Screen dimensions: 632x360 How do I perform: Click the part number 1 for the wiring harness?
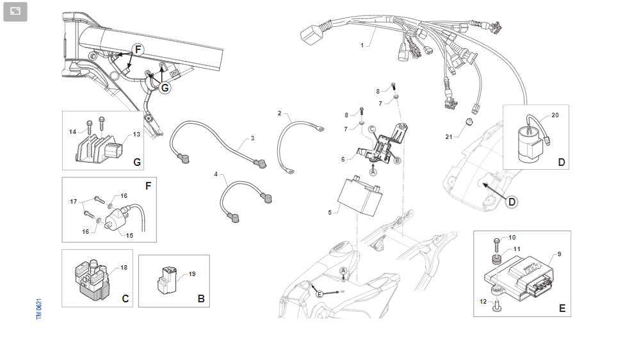(x=362, y=45)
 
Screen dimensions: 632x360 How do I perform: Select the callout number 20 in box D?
(x=555, y=115)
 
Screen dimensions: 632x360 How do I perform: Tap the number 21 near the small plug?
(x=449, y=137)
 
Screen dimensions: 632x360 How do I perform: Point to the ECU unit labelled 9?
(x=519, y=277)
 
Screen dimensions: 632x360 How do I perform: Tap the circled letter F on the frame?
(x=138, y=49)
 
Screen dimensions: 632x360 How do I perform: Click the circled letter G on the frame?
(x=165, y=88)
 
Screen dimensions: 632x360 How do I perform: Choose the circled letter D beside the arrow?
(x=512, y=202)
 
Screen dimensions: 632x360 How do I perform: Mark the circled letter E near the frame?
(x=320, y=294)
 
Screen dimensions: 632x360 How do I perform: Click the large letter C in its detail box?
(x=126, y=299)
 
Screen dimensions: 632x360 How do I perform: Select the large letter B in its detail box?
(x=201, y=299)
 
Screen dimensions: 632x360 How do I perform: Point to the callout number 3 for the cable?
(x=252, y=138)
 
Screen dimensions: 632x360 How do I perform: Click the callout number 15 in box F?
(x=129, y=236)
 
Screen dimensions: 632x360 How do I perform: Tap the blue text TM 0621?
(x=38, y=309)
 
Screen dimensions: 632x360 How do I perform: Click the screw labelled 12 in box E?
(x=497, y=307)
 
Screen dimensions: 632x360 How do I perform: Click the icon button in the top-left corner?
(x=15, y=12)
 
